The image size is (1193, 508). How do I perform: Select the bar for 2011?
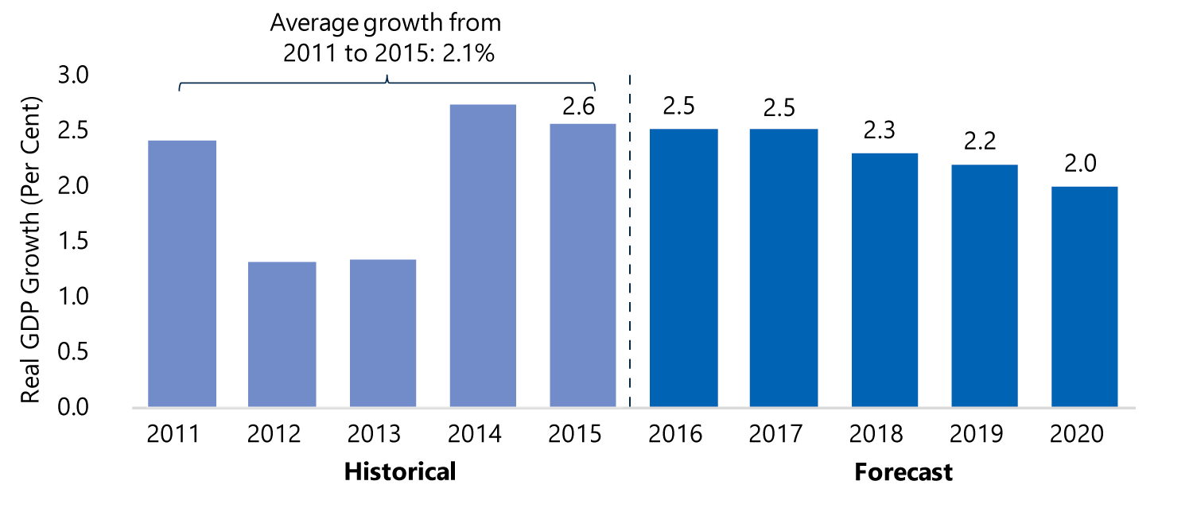[182, 273]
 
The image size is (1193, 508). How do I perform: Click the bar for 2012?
[282, 335]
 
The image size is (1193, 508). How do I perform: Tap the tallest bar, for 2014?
[483, 256]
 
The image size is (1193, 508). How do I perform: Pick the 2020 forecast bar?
[1084, 297]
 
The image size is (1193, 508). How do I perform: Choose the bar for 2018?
[884, 280]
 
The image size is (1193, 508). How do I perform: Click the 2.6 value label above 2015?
[578, 107]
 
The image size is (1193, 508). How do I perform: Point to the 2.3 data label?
[880, 130]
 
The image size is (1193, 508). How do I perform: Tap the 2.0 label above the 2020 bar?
[1080, 163]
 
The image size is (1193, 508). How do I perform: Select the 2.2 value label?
[980, 142]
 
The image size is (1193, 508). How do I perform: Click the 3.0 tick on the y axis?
[73, 75]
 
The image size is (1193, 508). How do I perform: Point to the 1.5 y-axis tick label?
[73, 241]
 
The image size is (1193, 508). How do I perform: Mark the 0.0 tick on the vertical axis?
[73, 407]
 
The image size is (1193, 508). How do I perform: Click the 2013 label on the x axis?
[374, 434]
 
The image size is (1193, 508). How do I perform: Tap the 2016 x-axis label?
[674, 434]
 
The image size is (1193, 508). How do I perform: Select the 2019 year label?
[976, 434]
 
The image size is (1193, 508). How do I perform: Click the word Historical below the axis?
[400, 471]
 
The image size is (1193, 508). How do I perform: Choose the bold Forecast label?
[903, 472]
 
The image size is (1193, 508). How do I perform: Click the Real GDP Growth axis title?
[30, 250]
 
